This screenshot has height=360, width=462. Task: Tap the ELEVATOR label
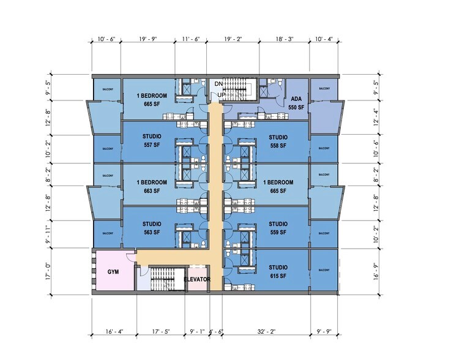pos(198,279)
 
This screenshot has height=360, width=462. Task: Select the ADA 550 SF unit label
pos(297,102)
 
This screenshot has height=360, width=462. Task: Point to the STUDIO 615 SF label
pos(278,270)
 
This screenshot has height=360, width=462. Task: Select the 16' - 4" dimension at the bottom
pos(114,332)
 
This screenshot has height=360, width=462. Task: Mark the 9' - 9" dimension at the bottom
pos(323,332)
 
